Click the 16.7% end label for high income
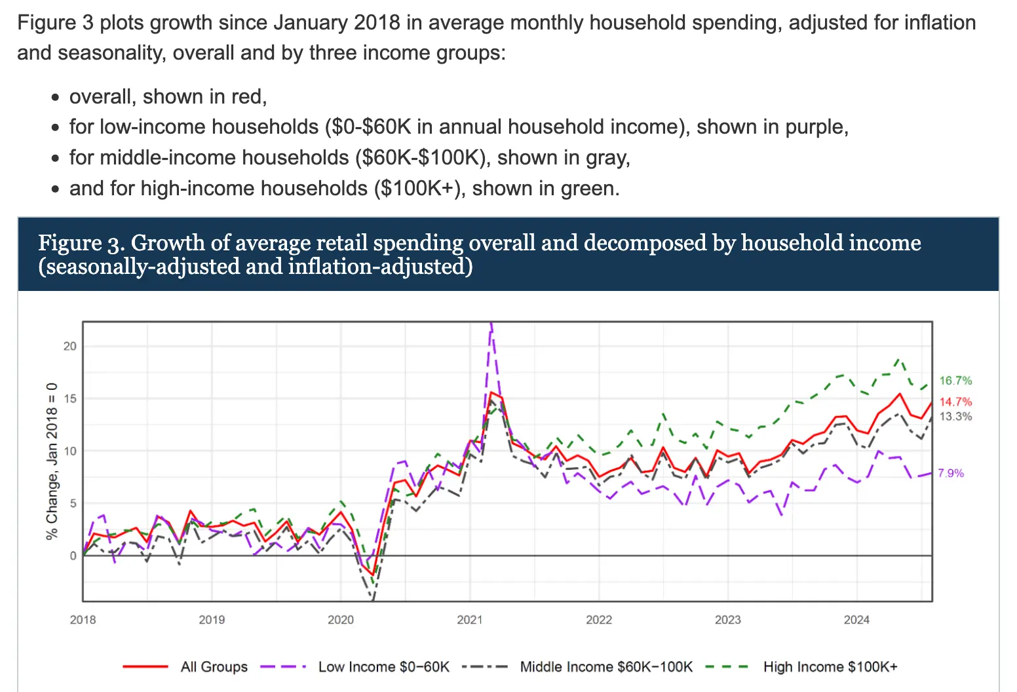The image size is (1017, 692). [x=955, y=381]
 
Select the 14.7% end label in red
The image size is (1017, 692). [x=955, y=402]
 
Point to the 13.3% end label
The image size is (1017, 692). [x=955, y=417]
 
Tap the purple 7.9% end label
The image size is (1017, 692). [x=951, y=473]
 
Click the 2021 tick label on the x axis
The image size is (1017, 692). [x=469, y=620]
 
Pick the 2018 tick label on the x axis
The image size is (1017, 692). [x=83, y=620]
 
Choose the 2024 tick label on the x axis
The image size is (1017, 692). [x=856, y=620]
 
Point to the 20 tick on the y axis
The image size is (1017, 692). [x=69, y=346]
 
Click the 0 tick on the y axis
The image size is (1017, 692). [x=73, y=556]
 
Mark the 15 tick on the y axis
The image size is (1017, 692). [x=69, y=398]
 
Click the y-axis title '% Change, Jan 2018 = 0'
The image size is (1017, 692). [x=52, y=461]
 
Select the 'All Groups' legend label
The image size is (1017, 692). [x=214, y=667]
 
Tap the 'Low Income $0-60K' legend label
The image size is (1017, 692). [x=384, y=667]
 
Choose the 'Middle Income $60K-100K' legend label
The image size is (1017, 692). [x=606, y=667]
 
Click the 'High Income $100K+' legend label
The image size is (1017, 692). [x=830, y=667]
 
